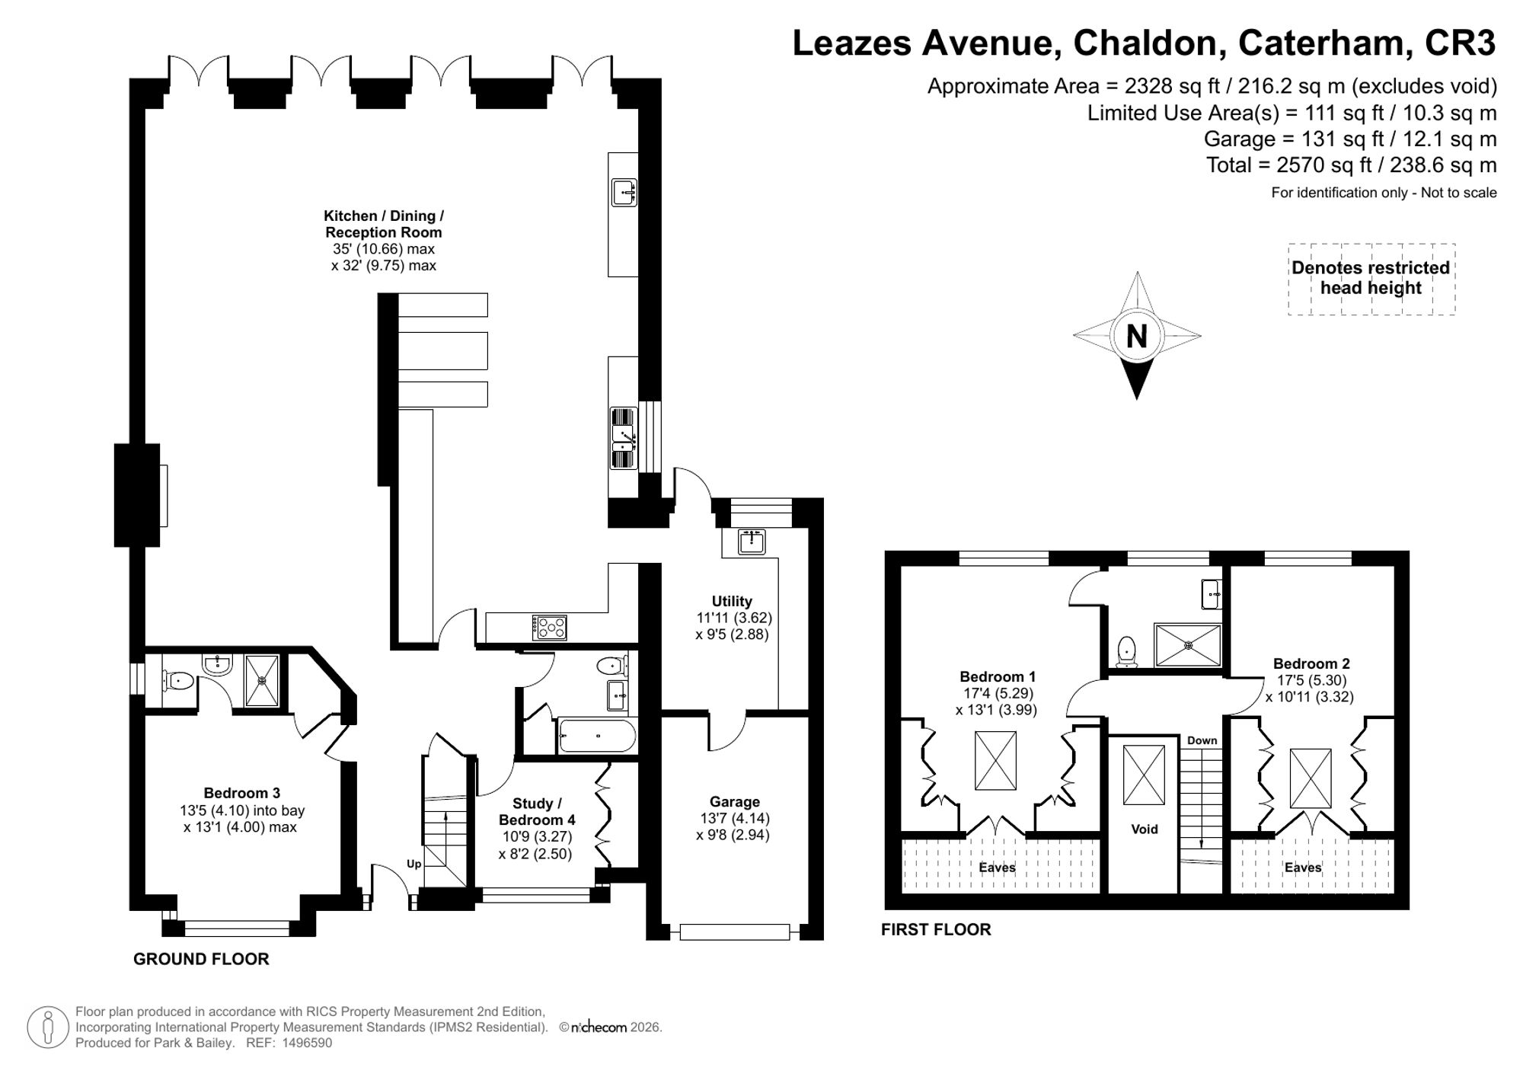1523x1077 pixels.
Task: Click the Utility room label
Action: point(732,601)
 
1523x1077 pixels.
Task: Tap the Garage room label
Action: point(735,801)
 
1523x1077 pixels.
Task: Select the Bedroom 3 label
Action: point(241,794)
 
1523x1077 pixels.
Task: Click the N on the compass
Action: point(1136,336)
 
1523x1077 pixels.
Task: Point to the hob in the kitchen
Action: point(549,627)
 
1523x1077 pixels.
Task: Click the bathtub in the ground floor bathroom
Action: point(597,736)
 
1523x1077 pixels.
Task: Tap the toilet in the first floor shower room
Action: point(1127,652)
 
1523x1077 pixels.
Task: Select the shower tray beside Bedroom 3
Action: point(261,680)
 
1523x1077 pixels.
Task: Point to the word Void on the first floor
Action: point(1144,829)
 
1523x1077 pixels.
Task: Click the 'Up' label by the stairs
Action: point(413,864)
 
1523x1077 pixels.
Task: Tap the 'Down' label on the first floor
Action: point(1202,740)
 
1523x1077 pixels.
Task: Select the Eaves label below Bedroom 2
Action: point(1303,868)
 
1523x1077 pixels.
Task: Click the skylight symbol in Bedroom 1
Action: point(995,761)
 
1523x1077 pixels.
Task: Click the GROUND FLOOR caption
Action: point(201,959)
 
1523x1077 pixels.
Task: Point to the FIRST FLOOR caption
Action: point(936,929)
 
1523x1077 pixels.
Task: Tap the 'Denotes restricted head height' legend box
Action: point(1371,279)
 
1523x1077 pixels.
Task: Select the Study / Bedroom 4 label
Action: point(537,812)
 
